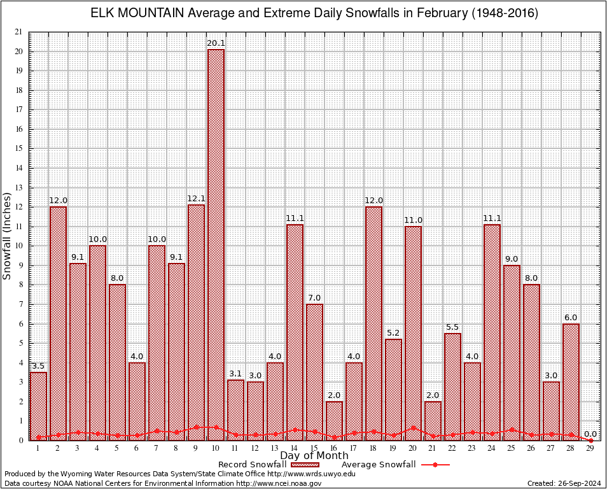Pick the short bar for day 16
pyautogui.click(x=334, y=420)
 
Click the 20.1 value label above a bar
pyautogui.click(x=216, y=43)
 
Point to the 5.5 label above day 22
pyautogui.click(x=452, y=327)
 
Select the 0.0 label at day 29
pyautogui.click(x=590, y=434)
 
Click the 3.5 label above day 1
pyautogui.click(x=38, y=366)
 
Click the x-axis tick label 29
pyautogui.click(x=590, y=448)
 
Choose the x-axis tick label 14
pyautogui.click(x=295, y=448)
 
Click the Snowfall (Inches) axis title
pyautogui.click(x=8, y=236)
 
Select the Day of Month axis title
pyautogui.click(x=314, y=456)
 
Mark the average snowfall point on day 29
pyautogui.click(x=590, y=440)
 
